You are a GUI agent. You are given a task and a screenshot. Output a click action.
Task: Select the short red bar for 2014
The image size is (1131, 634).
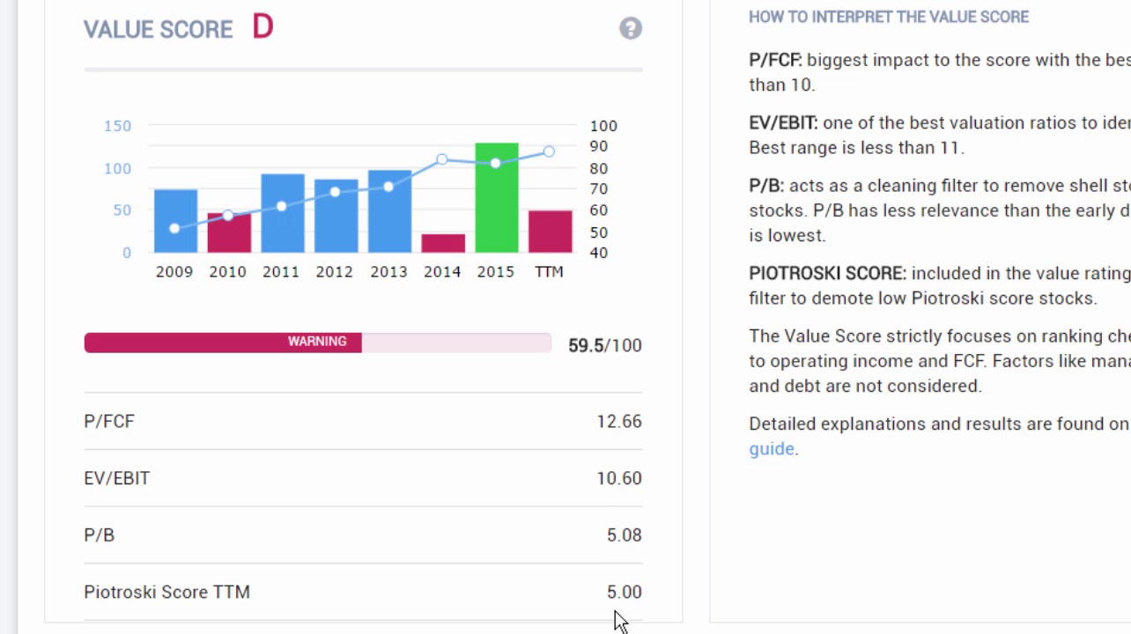[442, 243]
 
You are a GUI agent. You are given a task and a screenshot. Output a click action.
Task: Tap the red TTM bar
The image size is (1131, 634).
[550, 232]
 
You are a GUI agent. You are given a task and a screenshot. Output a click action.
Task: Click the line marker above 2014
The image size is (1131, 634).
[442, 159]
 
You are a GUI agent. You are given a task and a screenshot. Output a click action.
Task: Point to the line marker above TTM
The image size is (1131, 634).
[549, 151]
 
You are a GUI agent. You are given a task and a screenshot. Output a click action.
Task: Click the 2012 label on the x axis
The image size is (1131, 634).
[335, 272]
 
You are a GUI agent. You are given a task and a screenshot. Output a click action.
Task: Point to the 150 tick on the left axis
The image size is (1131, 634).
[117, 126]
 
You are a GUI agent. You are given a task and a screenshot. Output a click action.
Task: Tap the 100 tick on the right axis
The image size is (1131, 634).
[603, 126]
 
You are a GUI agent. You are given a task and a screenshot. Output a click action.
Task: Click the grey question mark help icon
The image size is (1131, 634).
[630, 28]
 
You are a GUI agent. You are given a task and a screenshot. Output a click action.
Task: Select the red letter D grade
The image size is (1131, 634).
[262, 27]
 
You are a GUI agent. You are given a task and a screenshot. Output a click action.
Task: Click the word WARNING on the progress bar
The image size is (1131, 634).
[317, 342]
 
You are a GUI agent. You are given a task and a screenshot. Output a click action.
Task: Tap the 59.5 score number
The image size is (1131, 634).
[586, 345]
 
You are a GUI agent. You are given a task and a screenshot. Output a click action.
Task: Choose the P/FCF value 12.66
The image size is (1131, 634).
[618, 422]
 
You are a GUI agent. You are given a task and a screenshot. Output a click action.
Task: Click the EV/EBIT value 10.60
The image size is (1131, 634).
[618, 478]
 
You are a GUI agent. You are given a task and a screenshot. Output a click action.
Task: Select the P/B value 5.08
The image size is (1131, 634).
[624, 535]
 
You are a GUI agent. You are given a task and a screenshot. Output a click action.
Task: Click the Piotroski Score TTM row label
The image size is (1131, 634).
[166, 592]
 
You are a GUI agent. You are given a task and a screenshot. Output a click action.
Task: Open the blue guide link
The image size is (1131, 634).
[771, 449]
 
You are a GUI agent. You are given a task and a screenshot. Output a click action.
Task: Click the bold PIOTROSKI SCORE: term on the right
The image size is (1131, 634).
[827, 274]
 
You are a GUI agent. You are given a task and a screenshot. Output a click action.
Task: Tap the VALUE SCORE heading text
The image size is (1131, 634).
[159, 29]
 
